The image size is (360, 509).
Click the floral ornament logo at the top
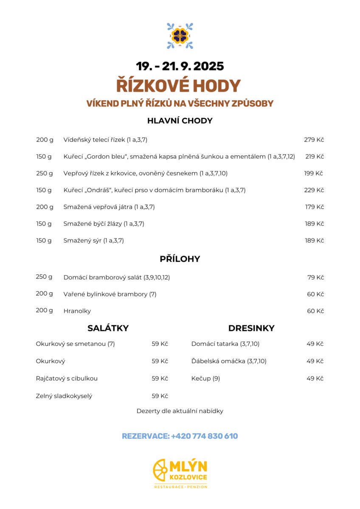click(x=180, y=36)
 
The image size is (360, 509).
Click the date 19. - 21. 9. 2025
click(x=180, y=66)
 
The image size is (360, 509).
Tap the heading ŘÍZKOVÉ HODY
click(x=179, y=85)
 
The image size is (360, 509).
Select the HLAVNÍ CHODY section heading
click(x=180, y=120)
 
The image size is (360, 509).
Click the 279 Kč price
click(x=314, y=140)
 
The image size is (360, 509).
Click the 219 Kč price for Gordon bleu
click(x=315, y=157)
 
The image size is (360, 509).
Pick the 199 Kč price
click(x=313, y=173)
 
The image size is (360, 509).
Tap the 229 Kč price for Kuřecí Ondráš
click(x=314, y=190)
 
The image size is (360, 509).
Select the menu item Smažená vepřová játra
click(x=98, y=207)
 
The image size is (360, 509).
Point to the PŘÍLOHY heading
click(x=180, y=259)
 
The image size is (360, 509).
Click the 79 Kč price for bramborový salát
click(x=315, y=277)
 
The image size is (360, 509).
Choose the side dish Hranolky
click(x=77, y=311)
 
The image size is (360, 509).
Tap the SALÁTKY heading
click(x=108, y=328)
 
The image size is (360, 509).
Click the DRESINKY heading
click(x=251, y=328)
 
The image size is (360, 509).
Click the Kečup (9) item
click(x=205, y=378)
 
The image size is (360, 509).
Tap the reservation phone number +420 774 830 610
click(x=204, y=436)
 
